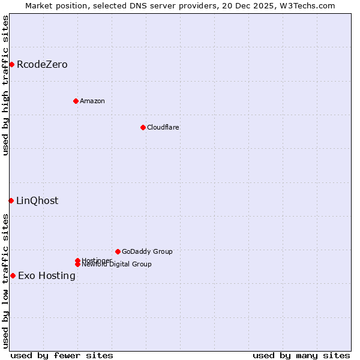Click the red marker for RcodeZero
11,64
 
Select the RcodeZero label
42,65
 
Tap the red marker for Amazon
76,101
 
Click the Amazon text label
92,101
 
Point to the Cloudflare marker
143,127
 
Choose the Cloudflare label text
163,127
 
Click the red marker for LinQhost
11,200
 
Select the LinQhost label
37,201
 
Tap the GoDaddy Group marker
118,251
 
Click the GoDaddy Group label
147,252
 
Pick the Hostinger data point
77,260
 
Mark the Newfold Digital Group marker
77,264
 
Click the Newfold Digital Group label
117,265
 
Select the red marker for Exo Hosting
13,275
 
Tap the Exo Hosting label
47,276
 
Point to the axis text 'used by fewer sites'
62,355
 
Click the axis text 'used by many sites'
301,355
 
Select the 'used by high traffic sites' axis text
5,85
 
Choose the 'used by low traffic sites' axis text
5,281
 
